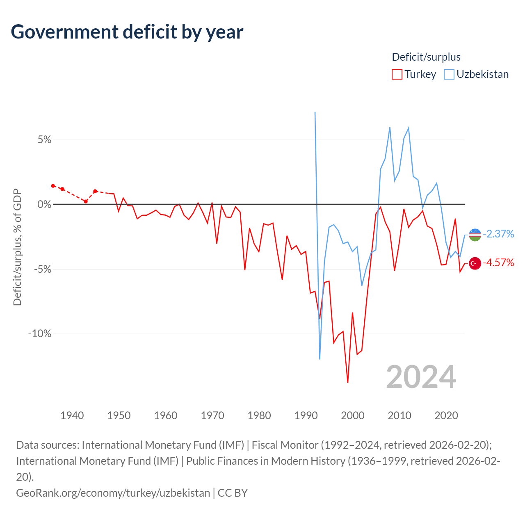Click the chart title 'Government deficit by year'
[127, 32]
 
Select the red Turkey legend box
[397, 74]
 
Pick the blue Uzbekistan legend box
[449, 74]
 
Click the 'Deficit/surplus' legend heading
[426, 57]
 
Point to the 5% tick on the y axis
[44, 140]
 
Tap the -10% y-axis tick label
[40, 333]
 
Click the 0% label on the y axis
[44, 204]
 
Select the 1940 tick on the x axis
[72, 416]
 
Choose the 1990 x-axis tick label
[306, 416]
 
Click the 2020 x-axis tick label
[446, 416]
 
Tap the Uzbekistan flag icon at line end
[475, 235]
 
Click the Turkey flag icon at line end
[475, 263]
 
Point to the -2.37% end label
[499, 234]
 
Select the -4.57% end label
[499, 262]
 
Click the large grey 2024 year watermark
[421, 377]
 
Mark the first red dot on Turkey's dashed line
[53, 186]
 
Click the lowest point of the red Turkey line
[348, 382]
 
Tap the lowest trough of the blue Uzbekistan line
[320, 359]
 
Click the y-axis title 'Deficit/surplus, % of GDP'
[17, 247]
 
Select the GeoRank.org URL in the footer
[113, 493]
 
